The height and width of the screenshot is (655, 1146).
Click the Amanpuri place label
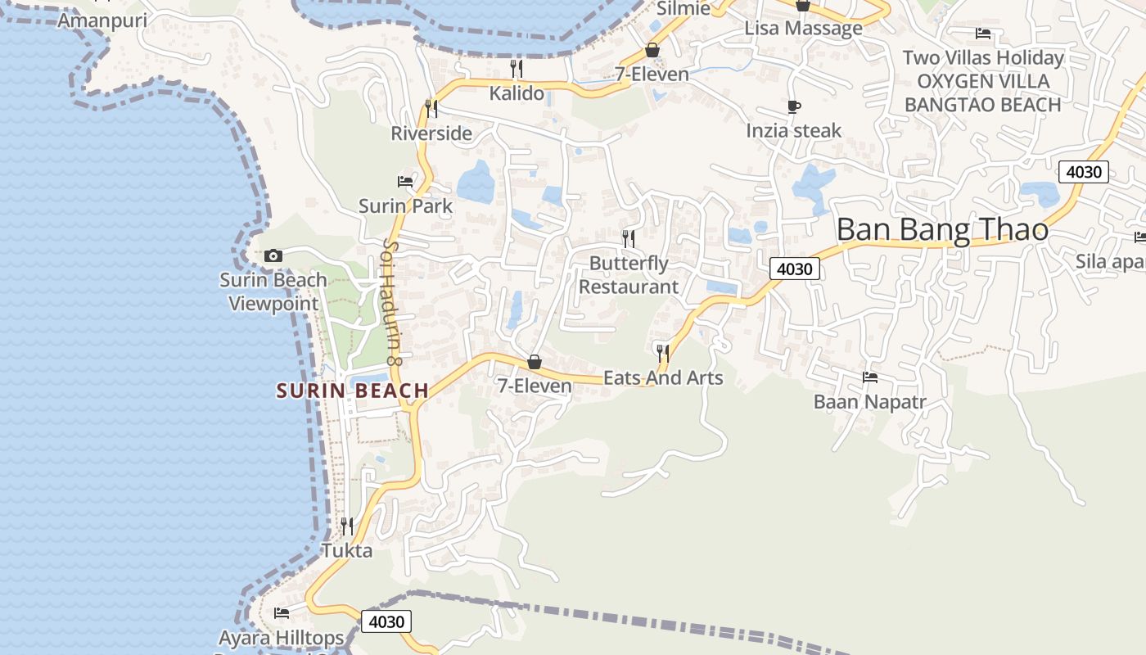pyautogui.click(x=102, y=20)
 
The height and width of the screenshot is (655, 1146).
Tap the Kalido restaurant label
pyautogui.click(x=517, y=93)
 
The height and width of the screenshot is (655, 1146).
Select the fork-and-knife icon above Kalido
pyautogui.click(x=517, y=68)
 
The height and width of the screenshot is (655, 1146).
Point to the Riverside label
pyautogui.click(x=431, y=133)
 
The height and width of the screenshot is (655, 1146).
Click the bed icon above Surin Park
pyautogui.click(x=405, y=181)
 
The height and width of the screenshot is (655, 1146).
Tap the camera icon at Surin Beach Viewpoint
pyautogui.click(x=273, y=255)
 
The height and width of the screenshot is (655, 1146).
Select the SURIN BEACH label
pyautogui.click(x=353, y=391)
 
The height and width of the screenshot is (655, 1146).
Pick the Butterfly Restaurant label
pyautogui.click(x=629, y=275)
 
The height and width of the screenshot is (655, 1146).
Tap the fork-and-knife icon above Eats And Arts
pyautogui.click(x=663, y=353)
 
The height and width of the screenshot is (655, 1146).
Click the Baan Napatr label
pyautogui.click(x=869, y=401)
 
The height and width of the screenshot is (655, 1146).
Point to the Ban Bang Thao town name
pyautogui.click(x=942, y=230)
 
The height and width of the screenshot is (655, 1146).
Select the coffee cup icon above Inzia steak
pyautogui.click(x=793, y=106)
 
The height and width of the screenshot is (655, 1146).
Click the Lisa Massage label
pyautogui.click(x=803, y=28)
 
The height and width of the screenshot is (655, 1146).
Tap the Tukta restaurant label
pyautogui.click(x=347, y=549)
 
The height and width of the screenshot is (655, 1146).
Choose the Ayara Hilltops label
pyautogui.click(x=281, y=637)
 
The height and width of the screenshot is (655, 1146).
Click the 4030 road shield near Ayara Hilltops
pyautogui.click(x=386, y=621)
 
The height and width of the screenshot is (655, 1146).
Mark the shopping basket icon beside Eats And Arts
pyautogui.click(x=535, y=361)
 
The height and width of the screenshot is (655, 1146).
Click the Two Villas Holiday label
pyautogui.click(x=983, y=57)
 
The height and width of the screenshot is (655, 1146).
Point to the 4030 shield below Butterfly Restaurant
pyautogui.click(x=794, y=269)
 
